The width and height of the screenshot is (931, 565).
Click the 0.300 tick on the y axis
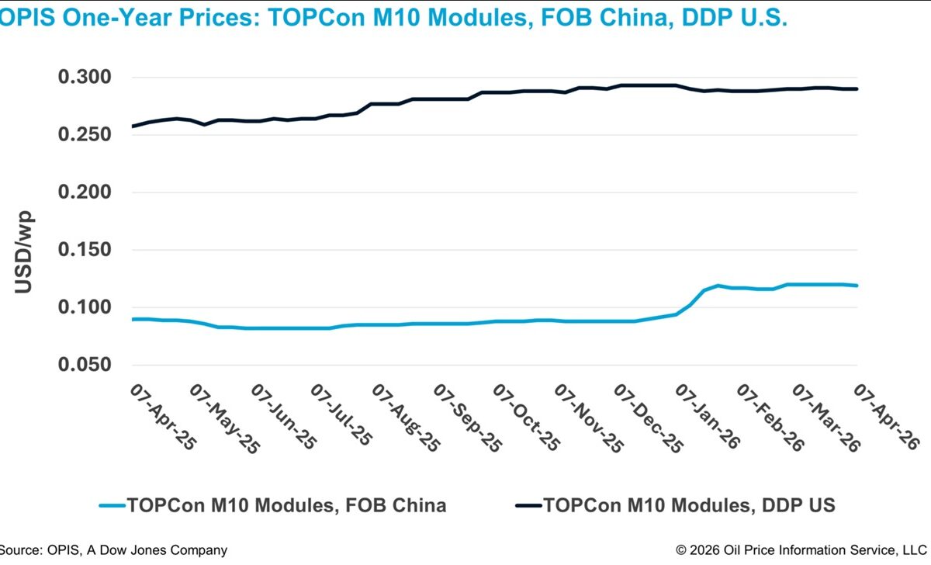pyautogui.click(x=85, y=78)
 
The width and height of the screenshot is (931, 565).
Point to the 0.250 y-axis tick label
pyautogui.click(x=85, y=135)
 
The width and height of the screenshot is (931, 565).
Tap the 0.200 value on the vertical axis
pyautogui.click(x=85, y=192)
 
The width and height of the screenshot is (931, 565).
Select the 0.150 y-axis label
pyautogui.click(x=85, y=250)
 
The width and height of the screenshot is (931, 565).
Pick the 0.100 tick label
pyautogui.click(x=85, y=307)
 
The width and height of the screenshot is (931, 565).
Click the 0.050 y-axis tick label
pyautogui.click(x=85, y=365)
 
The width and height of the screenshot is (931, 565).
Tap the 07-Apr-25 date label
pyautogui.click(x=161, y=416)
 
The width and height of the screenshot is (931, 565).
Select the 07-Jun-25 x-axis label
pyautogui.click(x=283, y=416)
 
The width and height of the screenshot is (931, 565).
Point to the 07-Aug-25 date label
pyautogui.click(x=404, y=416)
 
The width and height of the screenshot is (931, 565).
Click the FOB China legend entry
pyautogui.click(x=287, y=506)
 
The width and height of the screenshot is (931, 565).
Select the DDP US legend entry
pyautogui.click(x=690, y=506)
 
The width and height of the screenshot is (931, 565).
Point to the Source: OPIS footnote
pyautogui.click(x=114, y=550)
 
